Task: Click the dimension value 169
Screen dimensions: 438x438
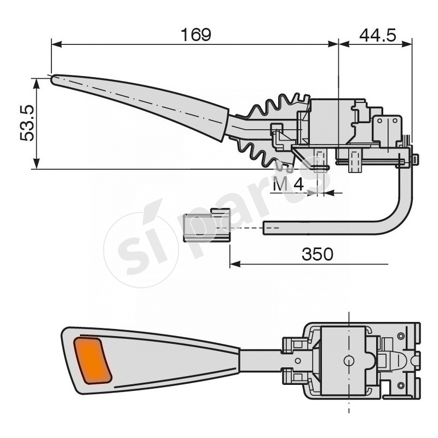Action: [195, 34]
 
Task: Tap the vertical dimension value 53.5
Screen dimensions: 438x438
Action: [27, 123]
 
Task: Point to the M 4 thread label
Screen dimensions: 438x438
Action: [288, 185]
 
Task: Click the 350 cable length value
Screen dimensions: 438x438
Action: [317, 254]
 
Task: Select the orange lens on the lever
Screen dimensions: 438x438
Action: [93, 360]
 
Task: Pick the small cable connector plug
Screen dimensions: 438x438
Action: [206, 226]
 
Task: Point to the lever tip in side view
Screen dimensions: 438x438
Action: [55, 79]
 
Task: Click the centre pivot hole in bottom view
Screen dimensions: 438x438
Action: [348, 360]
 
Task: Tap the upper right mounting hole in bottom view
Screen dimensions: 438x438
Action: [401, 336]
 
